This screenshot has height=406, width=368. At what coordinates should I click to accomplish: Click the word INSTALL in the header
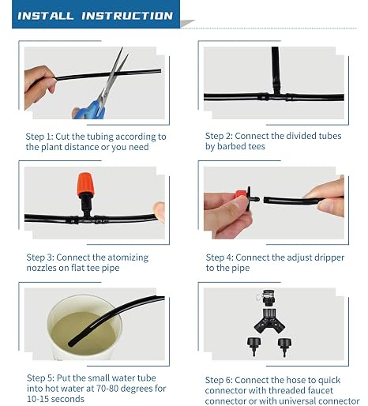point(45,16)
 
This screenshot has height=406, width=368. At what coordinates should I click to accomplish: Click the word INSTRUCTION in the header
point(127,16)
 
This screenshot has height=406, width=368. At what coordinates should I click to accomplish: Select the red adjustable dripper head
point(241,195)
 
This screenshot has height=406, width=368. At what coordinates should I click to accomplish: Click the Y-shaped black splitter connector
point(269,321)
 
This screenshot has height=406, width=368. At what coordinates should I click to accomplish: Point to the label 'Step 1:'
point(39,137)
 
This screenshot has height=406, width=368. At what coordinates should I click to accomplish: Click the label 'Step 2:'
point(219,136)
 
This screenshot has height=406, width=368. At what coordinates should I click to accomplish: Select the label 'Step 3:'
point(40,258)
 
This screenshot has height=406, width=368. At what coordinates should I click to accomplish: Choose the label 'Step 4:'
point(220,258)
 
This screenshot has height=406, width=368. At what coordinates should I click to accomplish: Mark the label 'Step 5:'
point(41,378)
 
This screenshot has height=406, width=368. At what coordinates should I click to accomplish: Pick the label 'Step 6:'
point(219,380)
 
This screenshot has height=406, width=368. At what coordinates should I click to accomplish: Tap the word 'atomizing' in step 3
point(128,258)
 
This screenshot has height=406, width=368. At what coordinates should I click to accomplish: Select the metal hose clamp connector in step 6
point(268,298)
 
